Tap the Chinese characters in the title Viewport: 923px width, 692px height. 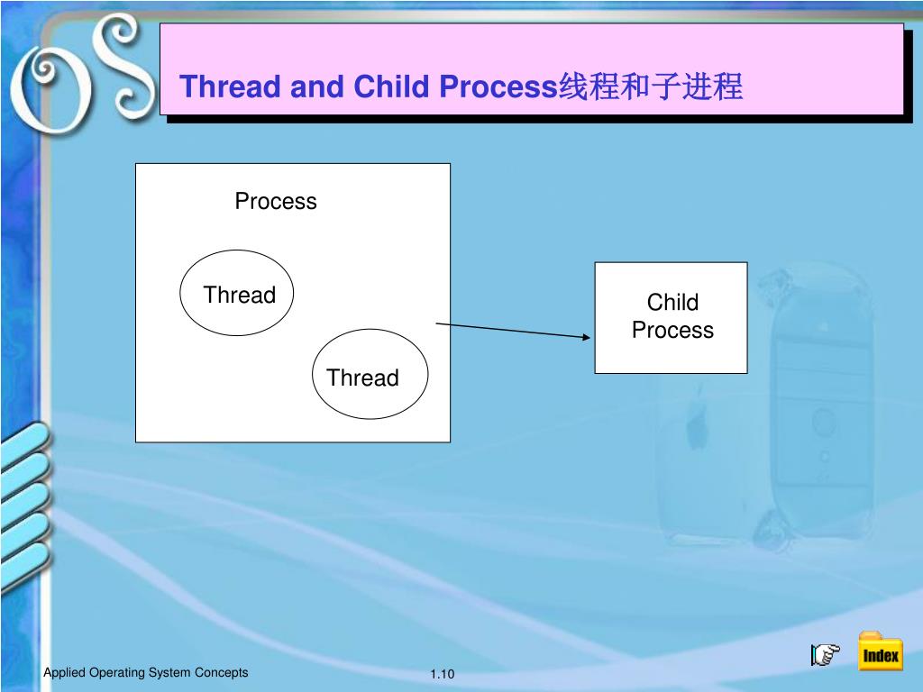pyautogui.click(x=650, y=87)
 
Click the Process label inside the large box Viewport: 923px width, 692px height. pyautogui.click(x=276, y=201)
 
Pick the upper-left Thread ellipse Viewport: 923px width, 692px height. pyautogui.click(x=237, y=294)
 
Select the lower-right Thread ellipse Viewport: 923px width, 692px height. pyautogui.click(x=370, y=375)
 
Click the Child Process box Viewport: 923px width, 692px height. pyautogui.click(x=671, y=317)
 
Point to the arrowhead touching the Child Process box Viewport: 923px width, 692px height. pyautogui.click(x=587, y=337)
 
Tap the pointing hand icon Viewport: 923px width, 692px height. pyautogui.click(x=825, y=655)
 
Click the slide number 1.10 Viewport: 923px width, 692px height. pyautogui.click(x=443, y=675)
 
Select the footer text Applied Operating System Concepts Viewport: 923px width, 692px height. pyautogui.click(x=146, y=673)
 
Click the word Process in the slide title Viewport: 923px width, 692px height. pyautogui.click(x=497, y=87)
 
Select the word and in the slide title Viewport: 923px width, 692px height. pyautogui.click(x=318, y=87)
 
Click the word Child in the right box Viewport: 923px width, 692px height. pyautogui.click(x=672, y=303)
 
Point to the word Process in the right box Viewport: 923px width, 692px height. pyautogui.click(x=672, y=331)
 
